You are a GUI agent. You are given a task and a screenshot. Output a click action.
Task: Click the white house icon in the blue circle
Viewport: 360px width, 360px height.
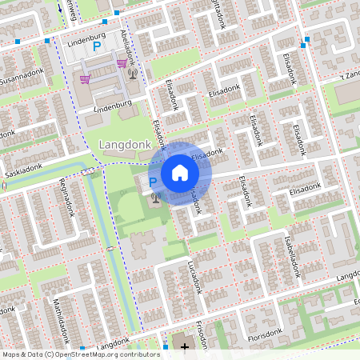point(179,172)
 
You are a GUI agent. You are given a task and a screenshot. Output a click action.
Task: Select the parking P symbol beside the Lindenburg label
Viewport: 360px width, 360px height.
point(98,47)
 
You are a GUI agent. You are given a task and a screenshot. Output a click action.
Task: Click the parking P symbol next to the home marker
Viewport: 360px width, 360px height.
point(153,182)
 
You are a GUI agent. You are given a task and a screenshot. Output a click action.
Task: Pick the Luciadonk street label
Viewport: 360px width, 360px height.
point(192,275)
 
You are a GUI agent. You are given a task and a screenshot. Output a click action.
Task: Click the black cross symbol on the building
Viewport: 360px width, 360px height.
point(186,347)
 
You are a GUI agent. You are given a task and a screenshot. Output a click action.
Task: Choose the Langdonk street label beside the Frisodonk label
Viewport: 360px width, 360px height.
point(111,345)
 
